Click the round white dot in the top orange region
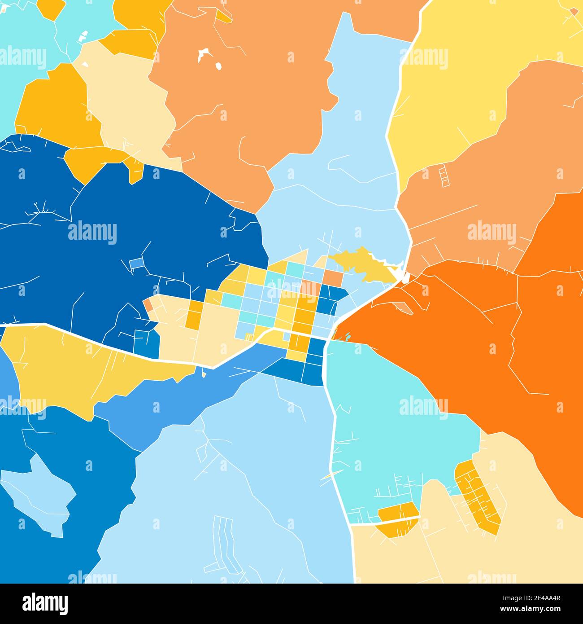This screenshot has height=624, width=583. [218, 66]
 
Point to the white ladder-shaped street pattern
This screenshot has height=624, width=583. [444, 176]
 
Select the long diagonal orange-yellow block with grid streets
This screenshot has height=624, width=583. [477, 497]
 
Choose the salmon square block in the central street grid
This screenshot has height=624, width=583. [332, 277]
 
